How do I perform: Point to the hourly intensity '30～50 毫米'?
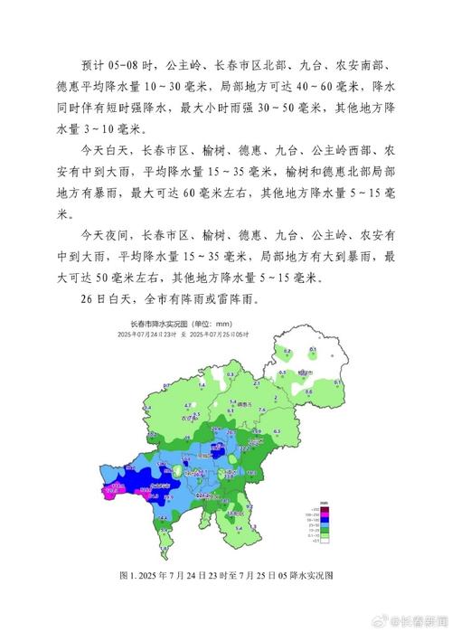tap(293, 108)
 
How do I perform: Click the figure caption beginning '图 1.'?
tap(226, 575)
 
